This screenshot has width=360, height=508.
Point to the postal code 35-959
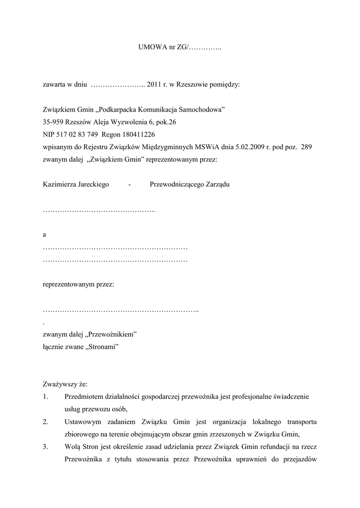click(53, 122)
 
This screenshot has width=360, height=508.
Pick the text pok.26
click(166, 122)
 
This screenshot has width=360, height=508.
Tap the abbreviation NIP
click(49, 134)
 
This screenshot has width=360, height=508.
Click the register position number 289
click(306, 147)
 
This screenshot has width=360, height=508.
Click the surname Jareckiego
click(92, 185)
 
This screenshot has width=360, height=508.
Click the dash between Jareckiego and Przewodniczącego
click(129, 185)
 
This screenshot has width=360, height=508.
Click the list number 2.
click(45, 422)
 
